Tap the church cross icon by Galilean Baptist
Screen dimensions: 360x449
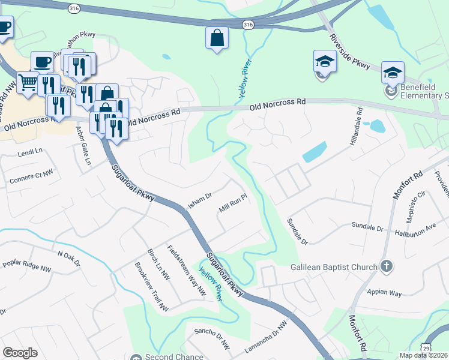[387, 266]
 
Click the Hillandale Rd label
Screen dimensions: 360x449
[354, 129]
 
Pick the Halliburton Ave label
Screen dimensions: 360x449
[415, 232]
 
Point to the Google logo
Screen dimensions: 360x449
[20, 353]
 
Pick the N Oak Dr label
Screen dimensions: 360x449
[69, 255]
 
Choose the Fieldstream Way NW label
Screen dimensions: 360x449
[187, 271]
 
